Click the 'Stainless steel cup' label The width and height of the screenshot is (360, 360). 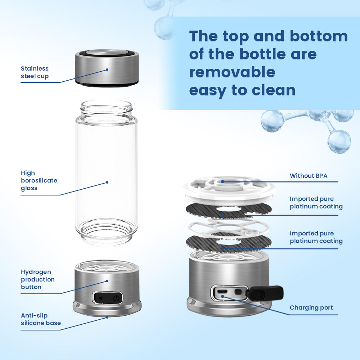click(x=35, y=72)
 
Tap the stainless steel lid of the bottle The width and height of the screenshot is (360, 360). click(x=107, y=67)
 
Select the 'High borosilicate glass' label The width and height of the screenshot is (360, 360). click(x=39, y=180)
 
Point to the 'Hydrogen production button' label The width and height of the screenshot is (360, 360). click(x=38, y=279)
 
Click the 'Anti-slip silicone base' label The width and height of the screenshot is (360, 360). click(x=41, y=319)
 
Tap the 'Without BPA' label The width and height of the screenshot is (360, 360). click(x=309, y=176)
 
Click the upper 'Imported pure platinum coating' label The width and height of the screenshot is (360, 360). click(x=316, y=203)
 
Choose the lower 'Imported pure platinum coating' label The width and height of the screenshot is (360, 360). click(x=316, y=237)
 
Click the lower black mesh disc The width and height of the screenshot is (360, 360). click(x=229, y=243)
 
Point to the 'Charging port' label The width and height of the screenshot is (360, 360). click(x=311, y=308)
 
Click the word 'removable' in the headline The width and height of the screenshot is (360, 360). click(x=232, y=72)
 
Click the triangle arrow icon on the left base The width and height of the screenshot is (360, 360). click(x=100, y=298)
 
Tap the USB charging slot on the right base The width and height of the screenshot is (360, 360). click(x=223, y=291)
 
